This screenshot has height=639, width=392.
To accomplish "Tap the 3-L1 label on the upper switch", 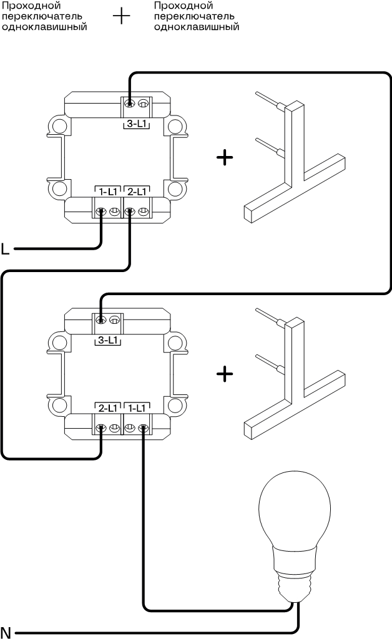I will (137, 124).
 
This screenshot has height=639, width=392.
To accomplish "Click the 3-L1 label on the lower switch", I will (107, 341).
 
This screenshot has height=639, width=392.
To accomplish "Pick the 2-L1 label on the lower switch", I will (107, 408).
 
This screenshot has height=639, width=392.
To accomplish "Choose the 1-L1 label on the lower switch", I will (136, 408).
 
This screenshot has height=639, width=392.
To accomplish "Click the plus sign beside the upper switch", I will (224, 157).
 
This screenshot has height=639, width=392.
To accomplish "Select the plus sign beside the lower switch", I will (224, 374).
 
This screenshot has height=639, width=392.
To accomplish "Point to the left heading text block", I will (43, 17).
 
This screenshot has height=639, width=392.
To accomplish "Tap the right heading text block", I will (196, 17).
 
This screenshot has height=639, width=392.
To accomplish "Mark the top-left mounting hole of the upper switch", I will (59, 125).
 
